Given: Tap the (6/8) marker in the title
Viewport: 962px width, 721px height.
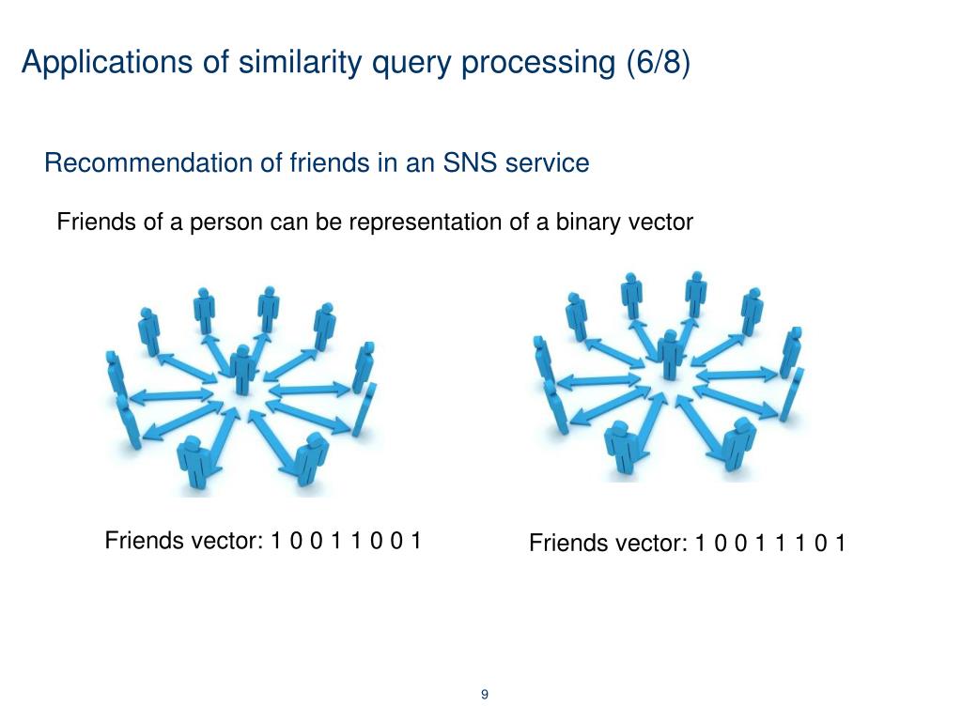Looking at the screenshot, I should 658,63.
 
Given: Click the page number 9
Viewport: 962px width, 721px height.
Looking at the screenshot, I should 485,695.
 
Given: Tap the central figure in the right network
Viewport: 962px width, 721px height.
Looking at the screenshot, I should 670,353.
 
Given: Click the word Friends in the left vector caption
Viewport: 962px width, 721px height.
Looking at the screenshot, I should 141,541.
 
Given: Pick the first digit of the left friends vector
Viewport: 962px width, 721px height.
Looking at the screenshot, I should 276,541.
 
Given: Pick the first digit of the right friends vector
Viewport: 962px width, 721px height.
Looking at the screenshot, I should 701,544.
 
